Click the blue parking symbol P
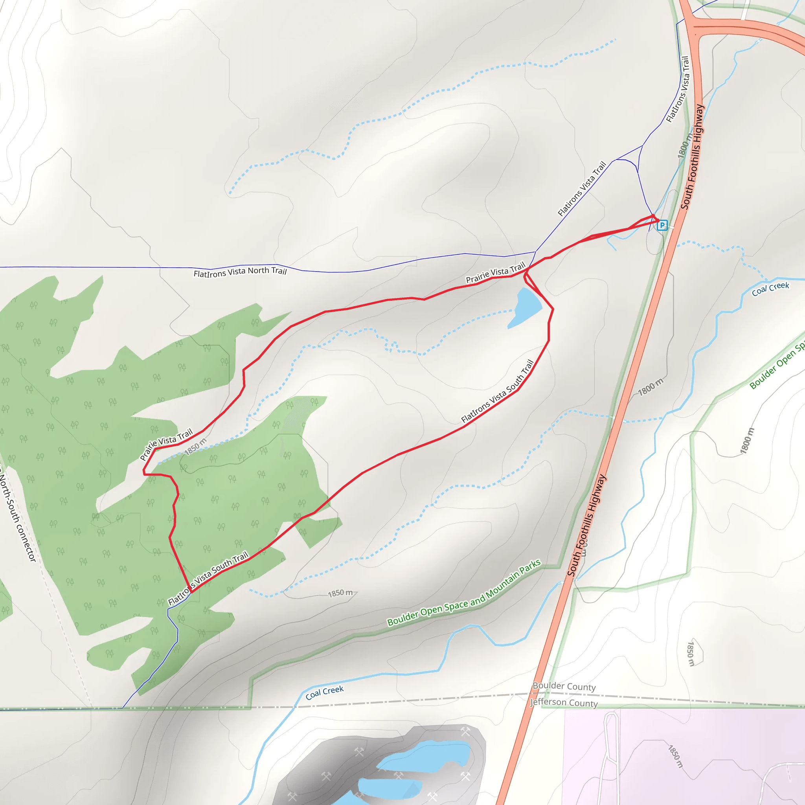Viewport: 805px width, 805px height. point(662,225)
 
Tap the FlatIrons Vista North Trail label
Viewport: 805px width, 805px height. point(240,272)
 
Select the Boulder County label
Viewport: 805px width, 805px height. point(564,686)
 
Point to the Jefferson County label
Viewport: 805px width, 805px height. point(564,702)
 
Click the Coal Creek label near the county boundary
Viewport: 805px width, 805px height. point(325,693)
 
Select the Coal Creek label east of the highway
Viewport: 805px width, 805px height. point(770,289)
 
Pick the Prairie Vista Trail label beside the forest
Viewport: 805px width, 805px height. point(166,444)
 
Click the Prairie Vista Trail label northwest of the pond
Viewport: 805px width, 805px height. point(495,273)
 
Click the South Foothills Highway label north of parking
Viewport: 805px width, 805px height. point(693,156)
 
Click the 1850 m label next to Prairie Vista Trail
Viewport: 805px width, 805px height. point(195,446)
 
